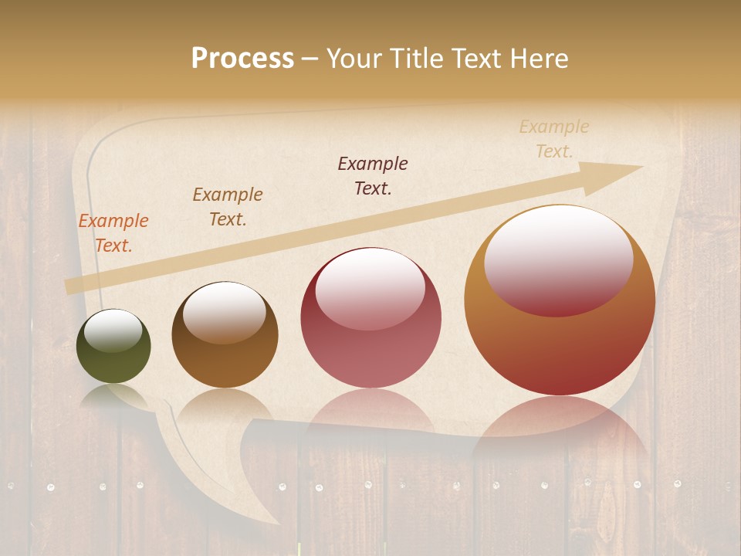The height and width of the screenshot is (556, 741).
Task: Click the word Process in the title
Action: pyautogui.click(x=242, y=59)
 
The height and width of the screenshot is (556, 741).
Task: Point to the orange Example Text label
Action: pyautogui.click(x=113, y=233)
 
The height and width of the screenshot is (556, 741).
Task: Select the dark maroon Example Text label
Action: pyautogui.click(x=373, y=175)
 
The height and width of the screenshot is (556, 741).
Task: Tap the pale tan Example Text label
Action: pyautogui.click(x=553, y=139)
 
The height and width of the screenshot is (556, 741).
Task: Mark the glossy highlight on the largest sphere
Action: pyautogui.click(x=559, y=261)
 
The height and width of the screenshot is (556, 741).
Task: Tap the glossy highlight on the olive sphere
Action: pyautogui.click(x=113, y=331)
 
